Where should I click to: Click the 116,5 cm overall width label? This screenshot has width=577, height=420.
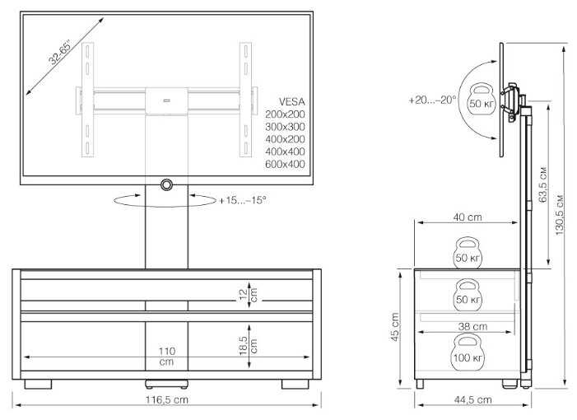167,399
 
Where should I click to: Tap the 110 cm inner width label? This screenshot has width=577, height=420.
167,357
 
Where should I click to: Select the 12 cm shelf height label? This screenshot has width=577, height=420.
249,295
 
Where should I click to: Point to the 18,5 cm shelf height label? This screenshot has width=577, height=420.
249,345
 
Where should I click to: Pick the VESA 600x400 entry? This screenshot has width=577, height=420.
285,164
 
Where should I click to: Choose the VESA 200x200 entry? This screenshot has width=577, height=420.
285,114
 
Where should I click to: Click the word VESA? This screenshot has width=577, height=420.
292,101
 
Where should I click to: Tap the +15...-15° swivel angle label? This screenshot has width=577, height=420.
242,200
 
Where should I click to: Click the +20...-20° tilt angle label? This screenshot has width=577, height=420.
433,100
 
